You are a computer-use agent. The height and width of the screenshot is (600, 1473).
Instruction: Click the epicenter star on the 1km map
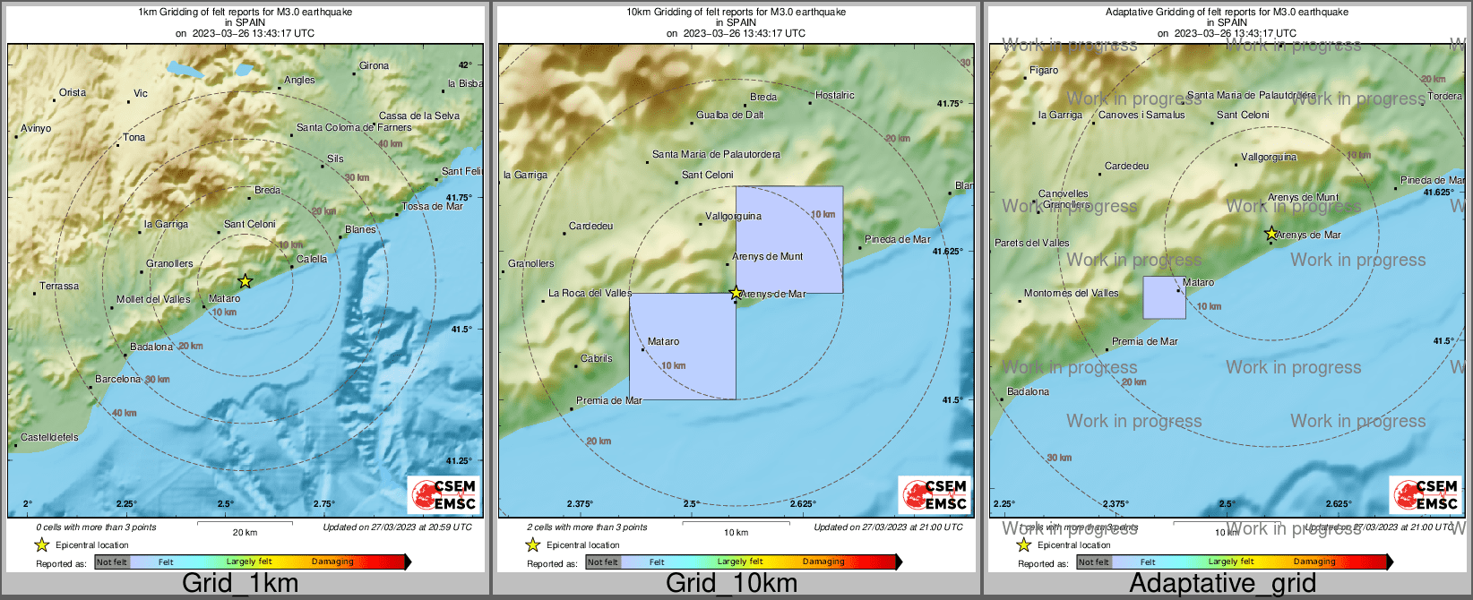point(245,281)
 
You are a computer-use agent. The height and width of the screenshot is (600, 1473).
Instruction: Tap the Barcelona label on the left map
point(118,380)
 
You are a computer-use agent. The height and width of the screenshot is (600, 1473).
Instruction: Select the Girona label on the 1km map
point(374,66)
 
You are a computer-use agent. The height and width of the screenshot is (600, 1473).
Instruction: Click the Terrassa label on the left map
point(59,287)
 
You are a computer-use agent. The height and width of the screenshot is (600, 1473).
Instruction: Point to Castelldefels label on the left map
point(49,438)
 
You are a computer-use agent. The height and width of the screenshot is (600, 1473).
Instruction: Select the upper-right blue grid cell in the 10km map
point(789,239)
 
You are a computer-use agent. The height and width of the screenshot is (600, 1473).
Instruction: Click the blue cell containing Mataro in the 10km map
point(683,347)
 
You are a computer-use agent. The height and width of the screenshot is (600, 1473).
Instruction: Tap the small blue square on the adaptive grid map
point(1164,297)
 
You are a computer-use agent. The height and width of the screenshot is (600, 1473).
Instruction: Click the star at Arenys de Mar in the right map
point(1271,234)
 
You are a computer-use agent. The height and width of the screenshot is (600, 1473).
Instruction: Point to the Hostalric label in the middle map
point(835,96)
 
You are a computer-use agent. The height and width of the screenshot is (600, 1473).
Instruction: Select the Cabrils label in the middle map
point(597,359)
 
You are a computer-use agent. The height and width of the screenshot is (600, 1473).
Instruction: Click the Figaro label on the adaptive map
point(1044,71)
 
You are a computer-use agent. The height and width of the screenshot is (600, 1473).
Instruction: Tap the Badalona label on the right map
point(1028,392)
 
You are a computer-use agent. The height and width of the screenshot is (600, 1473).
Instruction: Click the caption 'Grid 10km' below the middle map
point(731,584)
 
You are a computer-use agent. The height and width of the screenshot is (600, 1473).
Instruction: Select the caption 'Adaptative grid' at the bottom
point(1222,584)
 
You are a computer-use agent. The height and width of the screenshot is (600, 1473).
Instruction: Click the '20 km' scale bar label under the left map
point(245,533)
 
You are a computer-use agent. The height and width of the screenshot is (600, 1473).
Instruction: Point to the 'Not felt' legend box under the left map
point(112,562)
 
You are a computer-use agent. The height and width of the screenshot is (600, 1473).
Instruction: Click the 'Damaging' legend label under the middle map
point(823,562)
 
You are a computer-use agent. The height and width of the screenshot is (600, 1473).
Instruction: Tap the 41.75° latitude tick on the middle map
point(950,104)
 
